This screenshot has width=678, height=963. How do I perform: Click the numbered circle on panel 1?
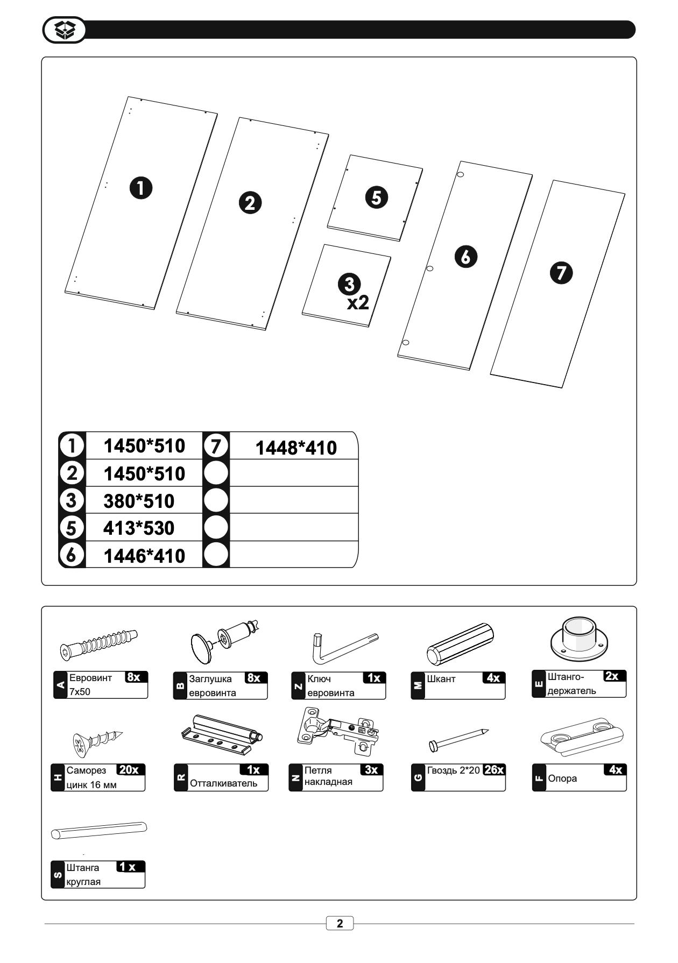(141, 188)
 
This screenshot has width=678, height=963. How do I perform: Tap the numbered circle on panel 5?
(376, 197)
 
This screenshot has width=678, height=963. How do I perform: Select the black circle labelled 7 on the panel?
(561, 273)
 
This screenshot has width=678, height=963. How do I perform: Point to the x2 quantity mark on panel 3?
(358, 303)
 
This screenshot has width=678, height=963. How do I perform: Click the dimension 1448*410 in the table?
(295, 448)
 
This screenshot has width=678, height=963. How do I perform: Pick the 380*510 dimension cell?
(139, 501)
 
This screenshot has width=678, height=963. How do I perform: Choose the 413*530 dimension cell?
(139, 528)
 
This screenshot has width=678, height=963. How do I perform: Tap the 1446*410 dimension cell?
(144, 556)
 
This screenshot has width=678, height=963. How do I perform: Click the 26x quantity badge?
(494, 770)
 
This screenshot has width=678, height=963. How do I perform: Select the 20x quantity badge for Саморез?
(129, 770)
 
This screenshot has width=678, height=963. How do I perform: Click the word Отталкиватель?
(223, 783)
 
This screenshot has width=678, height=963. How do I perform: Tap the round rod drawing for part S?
(99, 830)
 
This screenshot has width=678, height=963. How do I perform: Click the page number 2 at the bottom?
(340, 924)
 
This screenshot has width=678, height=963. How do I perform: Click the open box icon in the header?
(63, 30)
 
